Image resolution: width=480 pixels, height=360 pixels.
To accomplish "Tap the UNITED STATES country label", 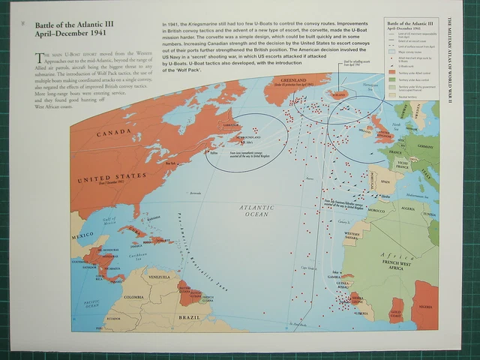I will pyautogui.click(x=110, y=178).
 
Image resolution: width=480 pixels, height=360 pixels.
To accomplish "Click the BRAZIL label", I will pyautogui.click(x=190, y=317).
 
